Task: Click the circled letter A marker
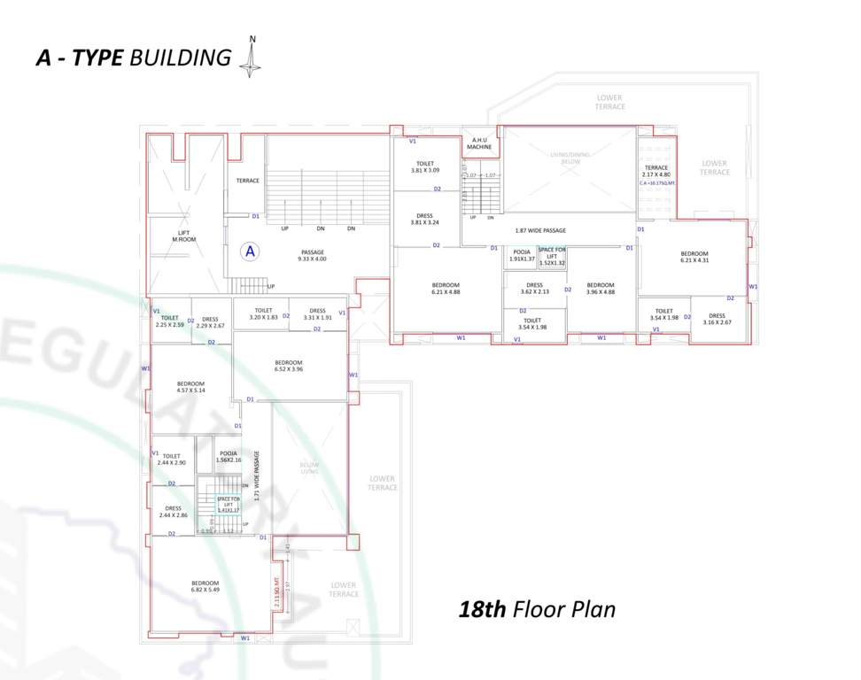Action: pyautogui.click(x=251, y=251)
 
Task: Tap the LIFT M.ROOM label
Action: pyautogui.click(x=183, y=236)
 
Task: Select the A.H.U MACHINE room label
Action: pyautogui.click(x=479, y=143)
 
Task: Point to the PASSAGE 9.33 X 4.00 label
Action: pyautogui.click(x=313, y=255)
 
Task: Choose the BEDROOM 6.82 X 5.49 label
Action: pyautogui.click(x=205, y=586)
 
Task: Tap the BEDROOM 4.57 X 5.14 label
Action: pyautogui.click(x=190, y=387)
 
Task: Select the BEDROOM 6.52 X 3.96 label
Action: pyautogui.click(x=289, y=366)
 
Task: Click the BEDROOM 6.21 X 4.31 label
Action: pyautogui.click(x=694, y=258)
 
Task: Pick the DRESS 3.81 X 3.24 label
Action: pyautogui.click(x=425, y=219)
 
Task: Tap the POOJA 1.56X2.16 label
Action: pyautogui.click(x=228, y=457)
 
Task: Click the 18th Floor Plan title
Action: pyautogui.click(x=537, y=609)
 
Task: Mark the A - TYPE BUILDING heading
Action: pyautogui.click(x=133, y=58)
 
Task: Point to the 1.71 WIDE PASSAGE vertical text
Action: pyautogui.click(x=257, y=477)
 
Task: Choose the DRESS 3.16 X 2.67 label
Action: pyautogui.click(x=717, y=319)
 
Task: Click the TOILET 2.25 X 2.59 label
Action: pyautogui.click(x=169, y=321)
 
